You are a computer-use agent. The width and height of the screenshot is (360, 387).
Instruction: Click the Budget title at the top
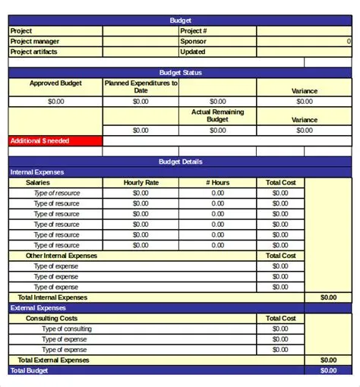pyautogui.click(x=181, y=20)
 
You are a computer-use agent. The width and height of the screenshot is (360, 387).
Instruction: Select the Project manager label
pyautogui.click(x=35, y=42)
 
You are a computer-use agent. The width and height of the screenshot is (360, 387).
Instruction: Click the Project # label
pyautogui.click(x=194, y=31)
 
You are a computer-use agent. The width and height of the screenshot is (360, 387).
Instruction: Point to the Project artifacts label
pyautogui.click(x=34, y=52)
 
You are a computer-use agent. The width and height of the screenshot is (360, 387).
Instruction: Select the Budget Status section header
pyautogui.click(x=181, y=73)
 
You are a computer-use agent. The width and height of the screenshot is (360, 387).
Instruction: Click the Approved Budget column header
pyautogui.click(x=55, y=83)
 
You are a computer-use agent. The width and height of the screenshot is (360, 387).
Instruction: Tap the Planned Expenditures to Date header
pyautogui.click(x=141, y=87)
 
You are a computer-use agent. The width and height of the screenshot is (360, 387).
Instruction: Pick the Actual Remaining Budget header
pyautogui.click(x=217, y=115)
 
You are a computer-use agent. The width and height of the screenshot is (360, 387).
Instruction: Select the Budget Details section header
pyautogui.click(x=181, y=162)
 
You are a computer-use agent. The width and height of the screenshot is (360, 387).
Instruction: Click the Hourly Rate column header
pyautogui.click(x=141, y=183)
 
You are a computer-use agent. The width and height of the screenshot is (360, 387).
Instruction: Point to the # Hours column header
pyautogui.click(x=218, y=183)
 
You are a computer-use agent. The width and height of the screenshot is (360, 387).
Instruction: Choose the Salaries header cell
pyautogui.click(x=39, y=183)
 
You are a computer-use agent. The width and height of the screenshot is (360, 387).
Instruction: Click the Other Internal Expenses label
pyautogui.click(x=62, y=256)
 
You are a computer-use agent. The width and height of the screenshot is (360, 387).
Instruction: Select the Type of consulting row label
pyautogui.click(x=67, y=329)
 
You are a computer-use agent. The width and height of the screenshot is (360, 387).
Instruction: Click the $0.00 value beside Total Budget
pyautogui.click(x=328, y=370)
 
